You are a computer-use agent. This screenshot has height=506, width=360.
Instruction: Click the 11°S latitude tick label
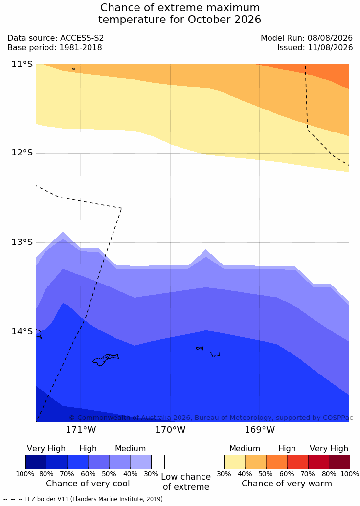pyautogui.click(x=22, y=64)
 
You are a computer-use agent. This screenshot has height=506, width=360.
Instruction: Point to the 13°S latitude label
pyautogui.click(x=22, y=242)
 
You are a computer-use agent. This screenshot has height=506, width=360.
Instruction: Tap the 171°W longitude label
pyautogui.click(x=81, y=430)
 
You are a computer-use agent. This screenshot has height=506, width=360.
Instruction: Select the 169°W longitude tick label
pyautogui.click(x=260, y=430)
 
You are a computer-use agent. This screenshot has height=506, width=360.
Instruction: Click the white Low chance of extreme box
pyautogui.click(x=186, y=462)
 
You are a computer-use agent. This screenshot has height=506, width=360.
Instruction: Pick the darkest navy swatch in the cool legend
pyautogui.click(x=36, y=462)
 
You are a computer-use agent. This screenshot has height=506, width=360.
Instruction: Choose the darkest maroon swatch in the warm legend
pyautogui.click(x=339, y=462)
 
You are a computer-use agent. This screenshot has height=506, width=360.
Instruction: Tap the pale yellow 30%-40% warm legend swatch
pyautogui.click(x=235, y=462)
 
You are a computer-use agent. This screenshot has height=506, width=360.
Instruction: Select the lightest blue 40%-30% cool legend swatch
pyautogui.click(x=141, y=462)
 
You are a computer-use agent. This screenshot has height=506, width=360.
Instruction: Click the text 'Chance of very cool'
pyautogui.click(x=88, y=484)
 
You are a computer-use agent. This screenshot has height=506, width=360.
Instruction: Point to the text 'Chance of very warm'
pyautogui.click(x=287, y=484)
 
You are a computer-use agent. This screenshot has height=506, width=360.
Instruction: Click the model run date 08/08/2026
pyautogui.click(x=330, y=38)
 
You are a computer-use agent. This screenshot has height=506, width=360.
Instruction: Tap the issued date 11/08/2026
pyautogui.click(x=330, y=48)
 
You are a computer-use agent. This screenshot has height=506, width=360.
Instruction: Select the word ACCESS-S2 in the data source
pyautogui.click(x=82, y=38)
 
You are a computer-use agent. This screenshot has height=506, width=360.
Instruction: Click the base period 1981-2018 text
pyautogui.click(x=80, y=48)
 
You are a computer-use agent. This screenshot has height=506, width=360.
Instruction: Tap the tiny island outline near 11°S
pyautogui.click(x=74, y=69)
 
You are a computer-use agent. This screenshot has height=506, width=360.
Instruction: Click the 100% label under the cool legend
pyautogui.click(x=25, y=474)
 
